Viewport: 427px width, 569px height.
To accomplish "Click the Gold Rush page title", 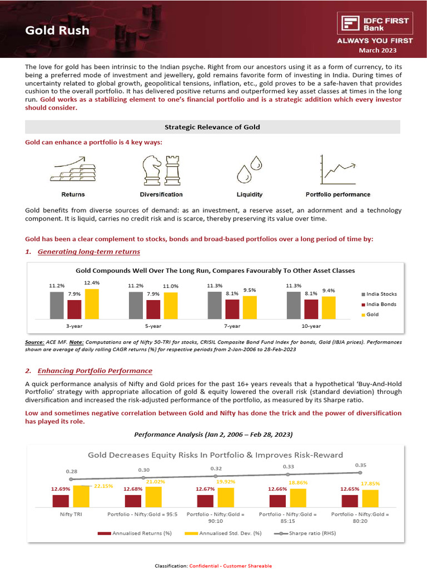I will tap(57, 30).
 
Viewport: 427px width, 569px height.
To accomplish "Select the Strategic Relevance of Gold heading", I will tap(212, 127).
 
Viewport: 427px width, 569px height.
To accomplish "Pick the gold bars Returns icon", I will tap(73, 170).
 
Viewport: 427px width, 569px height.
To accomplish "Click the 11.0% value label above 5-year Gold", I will tap(170, 286).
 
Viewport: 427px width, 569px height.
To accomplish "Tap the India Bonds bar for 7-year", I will tap(232, 309).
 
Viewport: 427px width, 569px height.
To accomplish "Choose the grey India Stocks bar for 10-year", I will tap(294, 305).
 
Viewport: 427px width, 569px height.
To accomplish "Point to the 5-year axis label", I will tap(153, 326).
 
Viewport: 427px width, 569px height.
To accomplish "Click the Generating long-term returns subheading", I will tap(88, 252).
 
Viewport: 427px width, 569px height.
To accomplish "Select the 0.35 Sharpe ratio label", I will tap(360, 465).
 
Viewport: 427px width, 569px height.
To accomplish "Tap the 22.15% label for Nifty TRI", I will tap(103, 486).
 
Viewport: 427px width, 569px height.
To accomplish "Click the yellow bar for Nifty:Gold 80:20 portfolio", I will tap(370, 498).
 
